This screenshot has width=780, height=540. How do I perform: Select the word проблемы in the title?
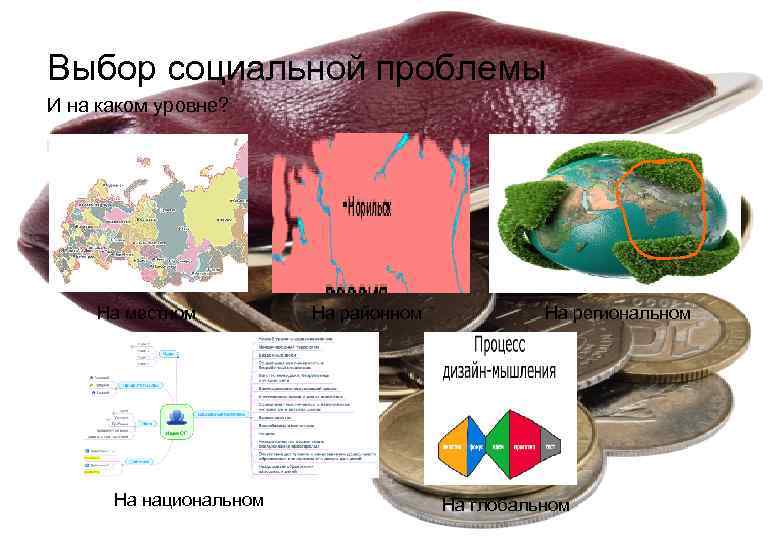pyautogui.click(x=460, y=69)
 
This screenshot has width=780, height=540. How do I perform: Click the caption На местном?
pyautogui.click(x=146, y=314)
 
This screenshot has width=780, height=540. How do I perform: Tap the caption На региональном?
pyautogui.click(x=617, y=314)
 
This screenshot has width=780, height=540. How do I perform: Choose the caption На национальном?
pyautogui.click(x=189, y=499)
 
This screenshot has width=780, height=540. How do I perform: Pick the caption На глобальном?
pyautogui.click(x=505, y=505)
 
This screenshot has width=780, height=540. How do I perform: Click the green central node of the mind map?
pyautogui.click(x=176, y=421)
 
